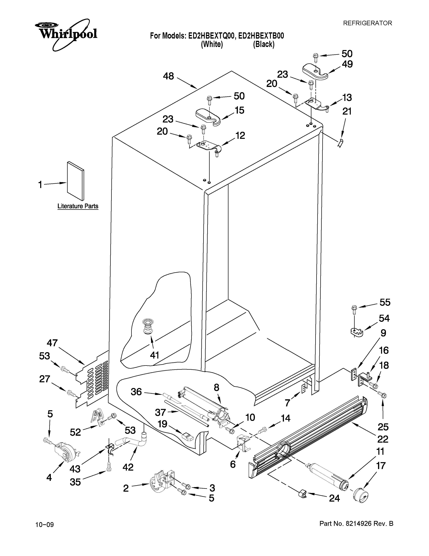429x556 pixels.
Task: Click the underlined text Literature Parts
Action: [78, 206]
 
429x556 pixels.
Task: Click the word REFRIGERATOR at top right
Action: [367, 23]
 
